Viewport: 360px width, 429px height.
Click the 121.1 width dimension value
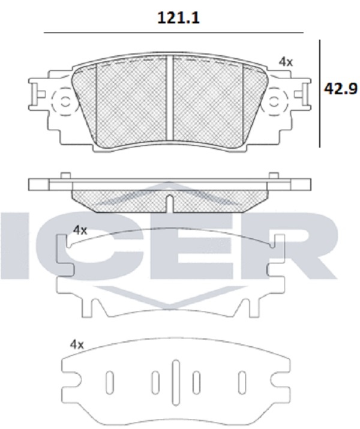tap(178, 18)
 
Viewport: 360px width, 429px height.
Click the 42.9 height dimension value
tap(341, 89)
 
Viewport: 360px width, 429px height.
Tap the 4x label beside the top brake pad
tap(286, 62)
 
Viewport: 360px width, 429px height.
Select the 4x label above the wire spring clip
tap(80, 230)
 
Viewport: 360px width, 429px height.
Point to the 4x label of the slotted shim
tap(77, 344)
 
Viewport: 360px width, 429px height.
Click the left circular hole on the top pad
tap(65, 102)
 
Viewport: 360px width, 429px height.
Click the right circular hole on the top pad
tap(274, 102)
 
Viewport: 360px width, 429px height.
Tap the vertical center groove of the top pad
tap(170, 98)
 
